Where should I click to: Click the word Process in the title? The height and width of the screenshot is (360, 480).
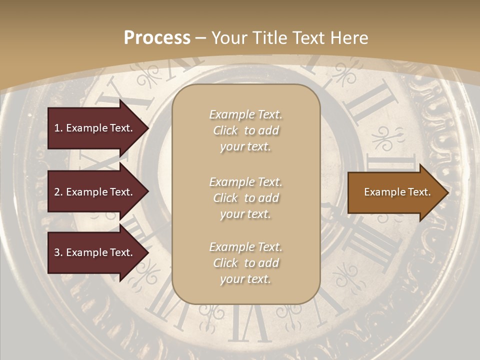pos(157,38)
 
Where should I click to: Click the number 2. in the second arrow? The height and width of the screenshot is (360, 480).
pos(58,192)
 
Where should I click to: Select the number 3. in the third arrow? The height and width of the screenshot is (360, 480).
pos(58,252)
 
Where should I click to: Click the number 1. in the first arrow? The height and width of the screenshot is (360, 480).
pos(58,128)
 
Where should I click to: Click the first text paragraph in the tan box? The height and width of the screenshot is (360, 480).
pos(245,130)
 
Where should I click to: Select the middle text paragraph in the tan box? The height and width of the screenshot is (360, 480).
pos(245,198)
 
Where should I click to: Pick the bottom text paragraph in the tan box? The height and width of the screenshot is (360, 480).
pos(245,263)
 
